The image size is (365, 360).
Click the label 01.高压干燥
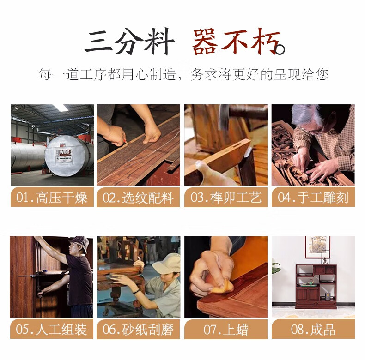(52, 198)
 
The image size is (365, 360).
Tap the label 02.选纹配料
(138, 198)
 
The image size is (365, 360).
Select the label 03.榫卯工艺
(226, 198)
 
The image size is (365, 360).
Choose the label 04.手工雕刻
(313, 198)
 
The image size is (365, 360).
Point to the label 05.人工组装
(51, 329)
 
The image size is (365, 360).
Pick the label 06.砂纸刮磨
(138, 329)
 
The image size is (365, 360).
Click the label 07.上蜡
(226, 330)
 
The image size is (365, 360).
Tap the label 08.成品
(313, 329)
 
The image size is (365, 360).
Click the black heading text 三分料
(129, 42)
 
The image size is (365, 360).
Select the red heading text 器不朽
(236, 42)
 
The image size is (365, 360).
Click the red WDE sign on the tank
(65, 153)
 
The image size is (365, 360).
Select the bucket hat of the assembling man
(79, 243)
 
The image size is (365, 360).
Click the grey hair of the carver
(305, 115)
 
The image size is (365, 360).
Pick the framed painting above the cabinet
(318, 247)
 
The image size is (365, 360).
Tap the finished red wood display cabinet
(316, 287)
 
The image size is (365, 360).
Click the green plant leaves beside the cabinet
(276, 267)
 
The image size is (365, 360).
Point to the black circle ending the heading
(280, 49)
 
